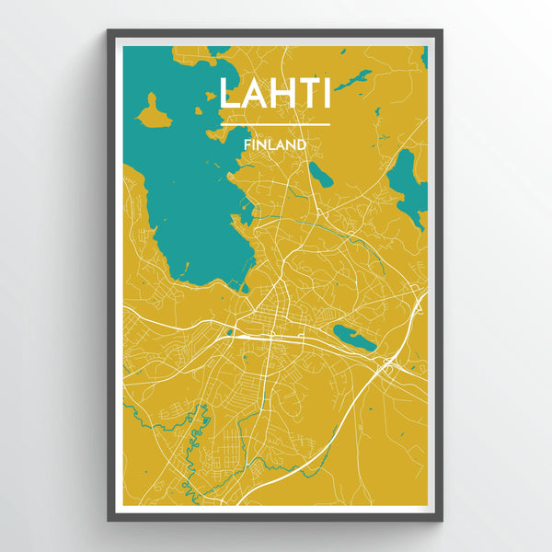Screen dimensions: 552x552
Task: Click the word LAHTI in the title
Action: [275, 93]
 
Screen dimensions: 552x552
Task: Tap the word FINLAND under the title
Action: [275, 144]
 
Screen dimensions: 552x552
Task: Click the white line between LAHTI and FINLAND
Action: [275, 124]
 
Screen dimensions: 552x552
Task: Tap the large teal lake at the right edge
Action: [406, 178]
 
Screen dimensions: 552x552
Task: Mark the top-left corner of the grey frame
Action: [109, 31]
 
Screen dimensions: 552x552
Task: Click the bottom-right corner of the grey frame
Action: [442, 520]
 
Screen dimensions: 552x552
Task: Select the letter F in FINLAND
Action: [247, 144]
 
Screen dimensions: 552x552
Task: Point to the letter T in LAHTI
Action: [303, 93]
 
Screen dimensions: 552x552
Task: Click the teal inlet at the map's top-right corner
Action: [424, 57]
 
